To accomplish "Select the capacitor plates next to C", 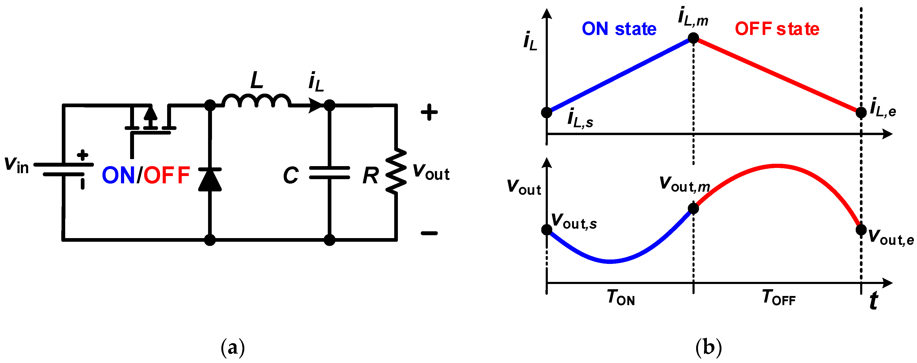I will point(329,172).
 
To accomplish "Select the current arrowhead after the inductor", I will point(315,105).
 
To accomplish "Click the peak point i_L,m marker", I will point(693,38).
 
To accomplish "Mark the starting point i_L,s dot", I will point(546,112).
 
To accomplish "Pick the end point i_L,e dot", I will point(861,112).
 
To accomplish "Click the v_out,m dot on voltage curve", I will point(693,208).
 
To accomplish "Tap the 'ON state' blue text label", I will point(619,29).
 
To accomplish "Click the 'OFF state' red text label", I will point(777,29).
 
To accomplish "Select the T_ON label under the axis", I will point(621,298).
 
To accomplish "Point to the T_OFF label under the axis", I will point(779,298).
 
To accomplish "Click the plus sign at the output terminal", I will point(429,112).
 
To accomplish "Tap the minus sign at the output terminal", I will point(429,233).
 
